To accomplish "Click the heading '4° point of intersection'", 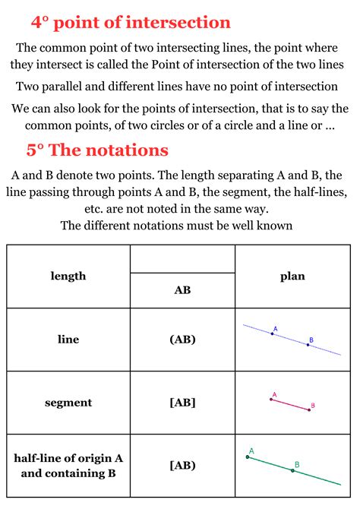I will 131,23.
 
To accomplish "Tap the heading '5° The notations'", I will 97,150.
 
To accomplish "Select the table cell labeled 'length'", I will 68,277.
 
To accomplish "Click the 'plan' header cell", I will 292,277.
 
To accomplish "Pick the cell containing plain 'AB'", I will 182,290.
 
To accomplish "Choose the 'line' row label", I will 68,340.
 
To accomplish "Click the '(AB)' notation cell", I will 182,340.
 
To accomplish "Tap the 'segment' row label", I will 68,403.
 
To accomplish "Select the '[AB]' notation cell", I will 182,403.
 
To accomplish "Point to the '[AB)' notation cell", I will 182,465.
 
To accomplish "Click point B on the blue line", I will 308,345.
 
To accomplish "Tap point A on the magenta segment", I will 270,399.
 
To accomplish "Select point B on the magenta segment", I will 309,409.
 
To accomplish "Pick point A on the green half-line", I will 248,457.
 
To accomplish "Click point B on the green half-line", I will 292,471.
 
